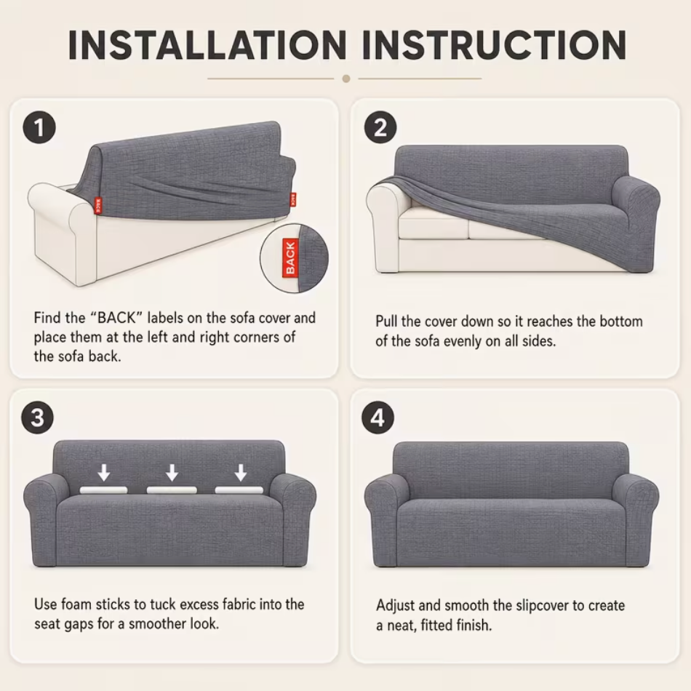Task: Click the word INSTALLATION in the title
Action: pyautogui.click(x=207, y=45)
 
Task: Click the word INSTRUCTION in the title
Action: pyautogui.click(x=494, y=45)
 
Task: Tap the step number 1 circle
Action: pyautogui.click(x=39, y=127)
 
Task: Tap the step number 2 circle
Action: pyautogui.click(x=380, y=127)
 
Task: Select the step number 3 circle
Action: pyautogui.click(x=37, y=417)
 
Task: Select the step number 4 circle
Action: pyautogui.click(x=378, y=417)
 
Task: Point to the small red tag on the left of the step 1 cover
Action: pyautogui.click(x=97, y=206)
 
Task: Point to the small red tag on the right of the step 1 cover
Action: pyautogui.click(x=293, y=199)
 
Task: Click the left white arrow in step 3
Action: pyautogui.click(x=104, y=472)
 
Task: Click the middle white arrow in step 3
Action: pyautogui.click(x=172, y=472)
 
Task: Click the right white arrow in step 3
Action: pyautogui.click(x=240, y=472)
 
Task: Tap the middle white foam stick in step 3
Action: pyautogui.click(x=172, y=490)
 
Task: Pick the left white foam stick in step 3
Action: pyautogui.click(x=103, y=490)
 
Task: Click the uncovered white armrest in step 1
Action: pyautogui.click(x=62, y=229)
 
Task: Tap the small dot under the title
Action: pyautogui.click(x=346, y=79)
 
